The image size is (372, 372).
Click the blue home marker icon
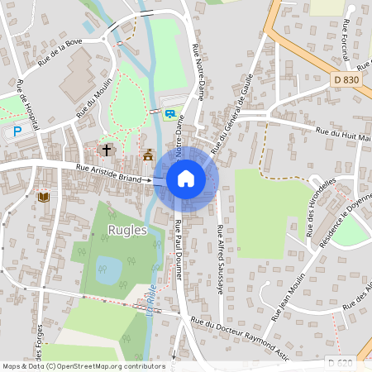pos(186,178)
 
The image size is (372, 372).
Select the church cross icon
pos(107,150)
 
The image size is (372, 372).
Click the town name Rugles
pos(127,231)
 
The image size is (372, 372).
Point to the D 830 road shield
pos(347,79)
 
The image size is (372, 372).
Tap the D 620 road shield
pos(341,363)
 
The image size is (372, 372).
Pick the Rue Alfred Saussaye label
pos(220,260)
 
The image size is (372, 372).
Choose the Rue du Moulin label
pos(93,103)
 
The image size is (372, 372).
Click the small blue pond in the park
pos(107,267)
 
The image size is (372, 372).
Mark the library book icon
pos(43,197)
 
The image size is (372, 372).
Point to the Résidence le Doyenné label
pos(341,217)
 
